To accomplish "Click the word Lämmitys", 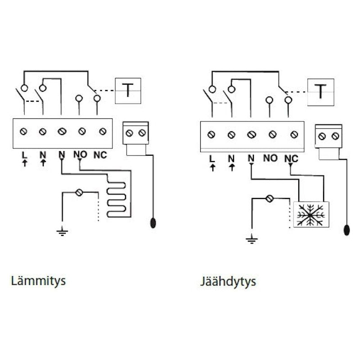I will coord(38,281).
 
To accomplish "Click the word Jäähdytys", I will coord(228,282).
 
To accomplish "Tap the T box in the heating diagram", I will coord(128,90).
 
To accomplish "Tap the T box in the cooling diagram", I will coord(320,92).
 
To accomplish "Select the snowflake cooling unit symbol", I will coord(311,214).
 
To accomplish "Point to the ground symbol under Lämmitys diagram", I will coord(62,232).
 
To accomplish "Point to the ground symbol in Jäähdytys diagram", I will coord(252,238).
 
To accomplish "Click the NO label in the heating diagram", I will coord(80,155).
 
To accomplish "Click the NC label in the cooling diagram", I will coord(292,158).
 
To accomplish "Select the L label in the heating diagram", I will coord(24,155).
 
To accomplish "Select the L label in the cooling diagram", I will coord(212,158).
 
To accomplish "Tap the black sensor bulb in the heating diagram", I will coord(153,223).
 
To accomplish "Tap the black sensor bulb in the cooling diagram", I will coord(346,230).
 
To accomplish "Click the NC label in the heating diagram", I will coord(100,155).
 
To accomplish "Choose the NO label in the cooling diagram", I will coord(270,158).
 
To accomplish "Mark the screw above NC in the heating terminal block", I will coord(103,132).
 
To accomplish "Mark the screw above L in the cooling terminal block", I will coord(211,135).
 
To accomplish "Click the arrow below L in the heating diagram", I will coord(24,162).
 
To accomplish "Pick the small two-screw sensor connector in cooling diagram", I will coord(328,136).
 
